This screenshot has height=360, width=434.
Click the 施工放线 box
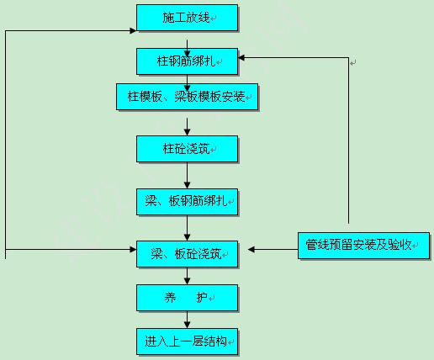[187, 18]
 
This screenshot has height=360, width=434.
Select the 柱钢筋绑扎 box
[187, 61]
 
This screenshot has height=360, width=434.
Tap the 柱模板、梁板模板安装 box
[187, 97]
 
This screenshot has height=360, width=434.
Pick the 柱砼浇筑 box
[187, 149]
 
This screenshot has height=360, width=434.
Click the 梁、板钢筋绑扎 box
[187, 202]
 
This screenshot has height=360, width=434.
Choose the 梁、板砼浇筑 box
[187, 254]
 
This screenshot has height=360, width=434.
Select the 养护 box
[187, 298]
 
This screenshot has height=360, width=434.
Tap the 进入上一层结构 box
[187, 341]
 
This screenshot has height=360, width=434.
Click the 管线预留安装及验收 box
[363, 246]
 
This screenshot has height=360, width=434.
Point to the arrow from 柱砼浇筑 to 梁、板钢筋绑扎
[187, 176]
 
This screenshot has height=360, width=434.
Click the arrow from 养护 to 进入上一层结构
[187, 320]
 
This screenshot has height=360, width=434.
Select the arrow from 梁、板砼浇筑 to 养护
[187, 276]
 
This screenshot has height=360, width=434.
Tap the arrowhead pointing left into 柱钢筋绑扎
[241, 58]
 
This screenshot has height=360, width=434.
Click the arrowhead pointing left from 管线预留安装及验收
[251, 249]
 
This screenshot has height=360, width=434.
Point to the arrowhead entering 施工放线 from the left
[133, 31]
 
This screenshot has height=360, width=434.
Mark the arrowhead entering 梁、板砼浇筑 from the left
[133, 249]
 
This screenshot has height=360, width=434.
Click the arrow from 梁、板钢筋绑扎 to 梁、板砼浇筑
[187, 228]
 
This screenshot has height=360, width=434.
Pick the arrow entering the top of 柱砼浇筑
[187, 127]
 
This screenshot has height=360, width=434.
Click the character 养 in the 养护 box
[170, 298]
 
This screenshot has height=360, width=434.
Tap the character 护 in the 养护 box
[202, 298]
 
